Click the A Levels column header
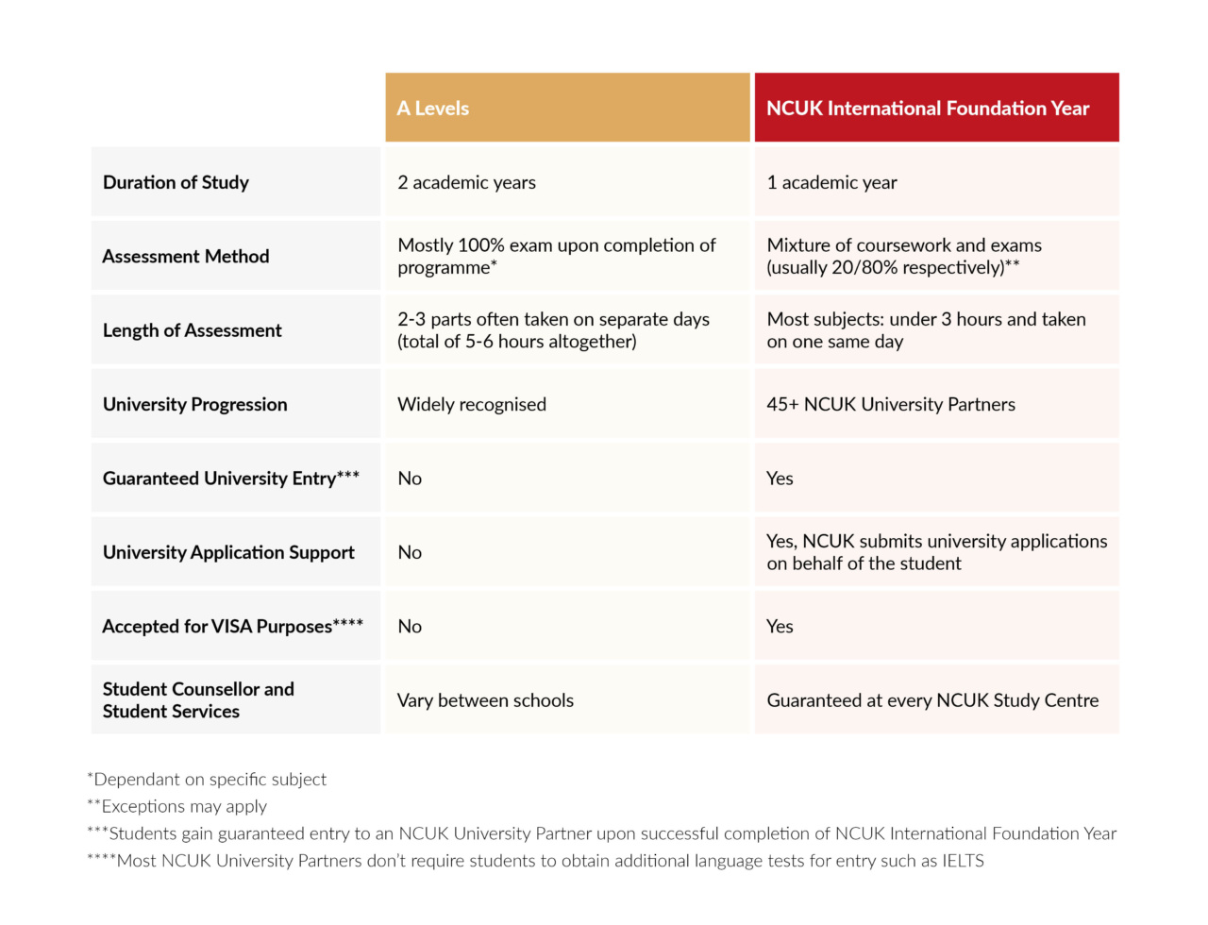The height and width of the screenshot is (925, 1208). [433, 109]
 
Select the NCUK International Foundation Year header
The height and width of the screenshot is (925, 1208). [927, 109]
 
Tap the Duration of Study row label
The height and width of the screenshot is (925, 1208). [176, 182]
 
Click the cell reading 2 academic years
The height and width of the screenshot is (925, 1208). [466, 182]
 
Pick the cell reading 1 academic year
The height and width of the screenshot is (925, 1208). [831, 182]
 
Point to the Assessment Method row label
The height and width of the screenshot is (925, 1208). [185, 256]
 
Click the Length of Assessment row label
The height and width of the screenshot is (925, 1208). [192, 330]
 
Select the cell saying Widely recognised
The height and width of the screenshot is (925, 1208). [471, 404]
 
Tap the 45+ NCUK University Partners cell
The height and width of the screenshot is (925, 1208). [890, 404]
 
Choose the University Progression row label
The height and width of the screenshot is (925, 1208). [194, 404]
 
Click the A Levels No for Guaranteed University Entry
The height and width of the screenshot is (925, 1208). [410, 479]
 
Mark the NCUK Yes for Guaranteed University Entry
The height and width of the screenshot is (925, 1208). [780, 479]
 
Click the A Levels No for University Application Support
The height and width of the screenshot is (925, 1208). [410, 552]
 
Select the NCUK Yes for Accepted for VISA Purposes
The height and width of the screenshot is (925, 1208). [780, 627]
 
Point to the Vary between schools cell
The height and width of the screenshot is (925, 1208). [485, 700]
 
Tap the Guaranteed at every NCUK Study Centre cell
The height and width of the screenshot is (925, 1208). [931, 700]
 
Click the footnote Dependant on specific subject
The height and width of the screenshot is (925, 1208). [210, 780]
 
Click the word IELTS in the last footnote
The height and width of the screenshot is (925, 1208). [963, 861]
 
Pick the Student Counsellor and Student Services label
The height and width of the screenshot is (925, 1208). [197, 700]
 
